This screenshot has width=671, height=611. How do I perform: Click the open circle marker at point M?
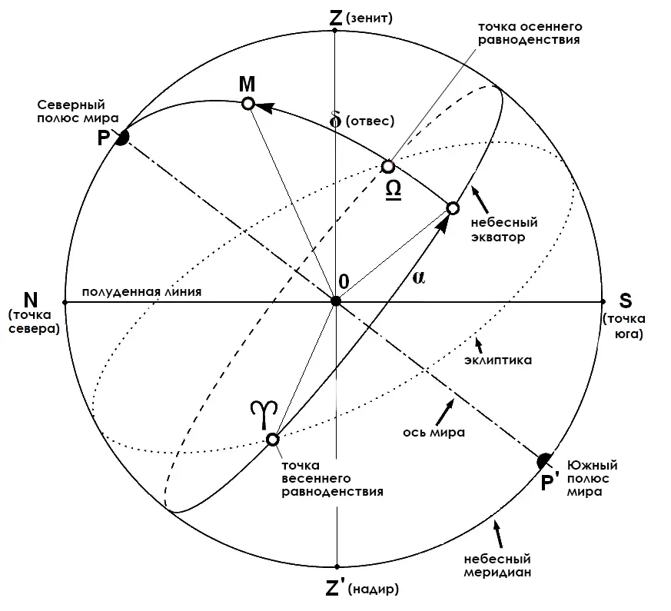tap(248, 104)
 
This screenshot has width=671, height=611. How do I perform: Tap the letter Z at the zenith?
tap(336, 18)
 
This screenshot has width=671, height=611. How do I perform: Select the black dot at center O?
tap(337, 301)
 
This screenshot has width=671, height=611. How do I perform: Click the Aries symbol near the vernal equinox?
tap(264, 414)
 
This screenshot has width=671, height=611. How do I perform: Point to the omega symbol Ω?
tap(394, 190)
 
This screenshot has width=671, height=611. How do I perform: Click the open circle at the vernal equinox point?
tap(273, 440)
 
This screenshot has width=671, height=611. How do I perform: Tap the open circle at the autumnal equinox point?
tap(387, 166)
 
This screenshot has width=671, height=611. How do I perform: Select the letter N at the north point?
tap(31, 300)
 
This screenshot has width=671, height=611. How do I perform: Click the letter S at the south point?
tap(626, 301)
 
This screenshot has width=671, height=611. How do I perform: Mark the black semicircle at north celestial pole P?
tap(122, 138)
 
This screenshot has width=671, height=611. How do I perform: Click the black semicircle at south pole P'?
tap(545, 460)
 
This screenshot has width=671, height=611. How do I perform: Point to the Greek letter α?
tap(419, 277)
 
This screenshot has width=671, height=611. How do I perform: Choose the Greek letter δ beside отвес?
tap(336, 120)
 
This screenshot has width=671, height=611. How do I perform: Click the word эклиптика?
tap(498, 360)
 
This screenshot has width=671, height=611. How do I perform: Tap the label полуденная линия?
tap(141, 292)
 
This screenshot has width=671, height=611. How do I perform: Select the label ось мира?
tap(433, 433)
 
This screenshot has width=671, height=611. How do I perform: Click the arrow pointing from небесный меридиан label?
tap(498, 533)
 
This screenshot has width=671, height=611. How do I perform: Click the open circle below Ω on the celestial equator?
tap(453, 208)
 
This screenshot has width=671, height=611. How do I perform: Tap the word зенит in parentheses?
tap(369, 18)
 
